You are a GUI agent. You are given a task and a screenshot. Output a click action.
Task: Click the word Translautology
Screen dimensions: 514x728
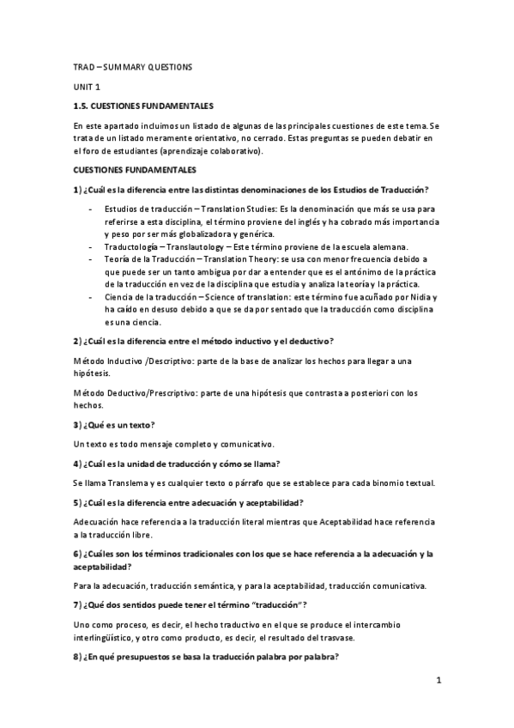(198, 246)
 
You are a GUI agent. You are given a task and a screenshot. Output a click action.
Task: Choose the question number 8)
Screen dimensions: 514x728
(78, 657)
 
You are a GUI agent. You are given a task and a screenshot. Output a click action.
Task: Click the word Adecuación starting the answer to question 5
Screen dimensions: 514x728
(99, 522)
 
